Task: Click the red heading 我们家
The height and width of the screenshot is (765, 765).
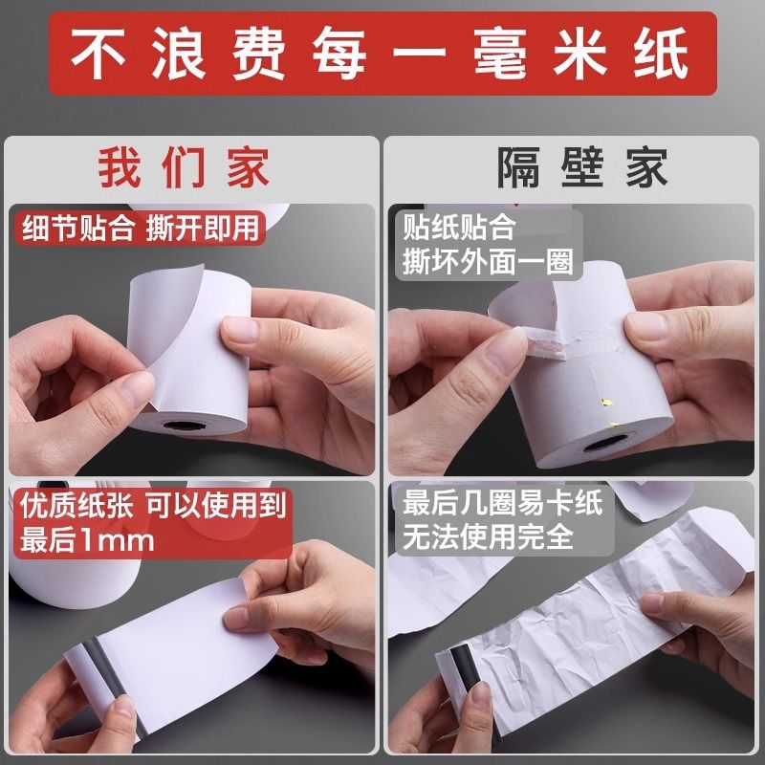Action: pyautogui.click(x=184, y=168)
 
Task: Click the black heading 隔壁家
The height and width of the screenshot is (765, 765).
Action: pyautogui.click(x=582, y=168)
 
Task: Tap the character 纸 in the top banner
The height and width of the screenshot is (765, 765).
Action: pyautogui.click(x=661, y=53)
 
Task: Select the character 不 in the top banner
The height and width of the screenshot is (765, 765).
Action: pyautogui.click(x=98, y=53)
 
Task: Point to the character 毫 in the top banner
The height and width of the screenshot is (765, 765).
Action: pyautogui.click(x=500, y=53)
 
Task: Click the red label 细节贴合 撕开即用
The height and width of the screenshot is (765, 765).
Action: pyautogui.click(x=140, y=228)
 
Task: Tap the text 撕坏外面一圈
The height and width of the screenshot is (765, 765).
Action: pyautogui.click(x=488, y=262)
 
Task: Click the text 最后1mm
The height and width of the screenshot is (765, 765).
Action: pyautogui.click(x=87, y=540)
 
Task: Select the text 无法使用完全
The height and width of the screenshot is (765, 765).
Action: pyautogui.click(x=488, y=537)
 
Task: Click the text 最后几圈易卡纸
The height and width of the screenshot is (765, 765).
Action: pyautogui.click(x=503, y=503)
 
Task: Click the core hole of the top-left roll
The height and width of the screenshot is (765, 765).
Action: pyautogui.click(x=184, y=425)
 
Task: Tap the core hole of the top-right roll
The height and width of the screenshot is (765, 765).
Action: pyautogui.click(x=606, y=444)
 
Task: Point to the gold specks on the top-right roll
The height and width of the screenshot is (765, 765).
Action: pyautogui.click(x=609, y=412)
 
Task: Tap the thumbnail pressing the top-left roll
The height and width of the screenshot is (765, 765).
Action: pyautogui.click(x=239, y=328)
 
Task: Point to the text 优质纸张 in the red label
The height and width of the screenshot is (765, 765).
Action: pyautogui.click(x=76, y=506)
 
